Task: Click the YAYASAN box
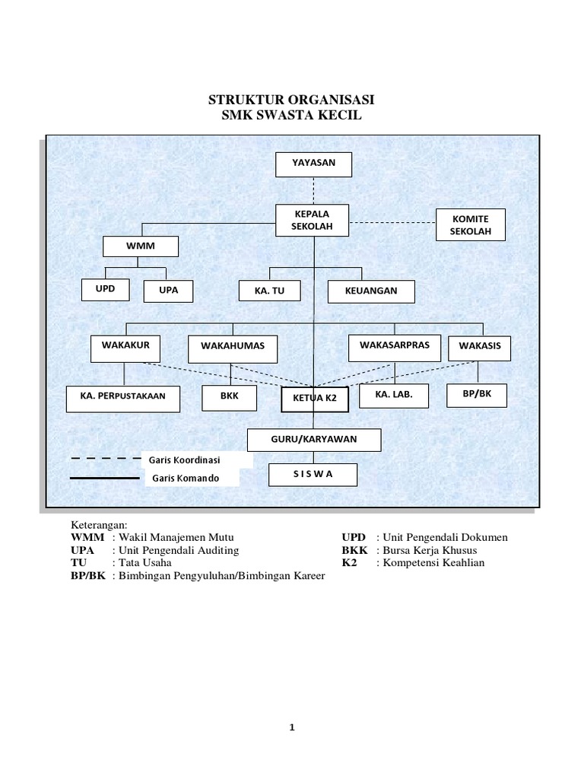(313, 164)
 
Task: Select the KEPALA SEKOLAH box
(312, 221)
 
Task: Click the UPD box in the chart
(106, 290)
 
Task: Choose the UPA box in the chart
(168, 291)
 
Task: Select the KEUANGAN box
(372, 291)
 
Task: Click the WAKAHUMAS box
(232, 348)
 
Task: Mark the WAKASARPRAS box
(393, 346)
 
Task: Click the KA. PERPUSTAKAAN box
(122, 399)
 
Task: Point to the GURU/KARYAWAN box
(313, 440)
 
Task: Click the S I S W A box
(313, 475)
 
